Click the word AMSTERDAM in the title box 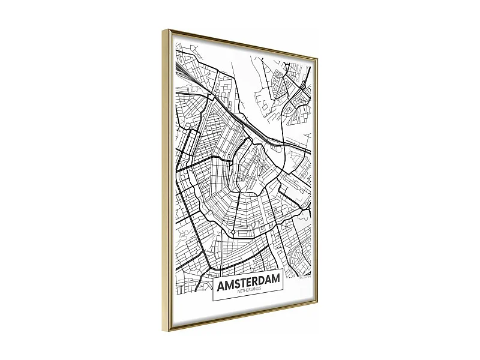[x=247, y=281]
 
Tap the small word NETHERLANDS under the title [x=247, y=290]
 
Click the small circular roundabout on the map [x=232, y=232]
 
